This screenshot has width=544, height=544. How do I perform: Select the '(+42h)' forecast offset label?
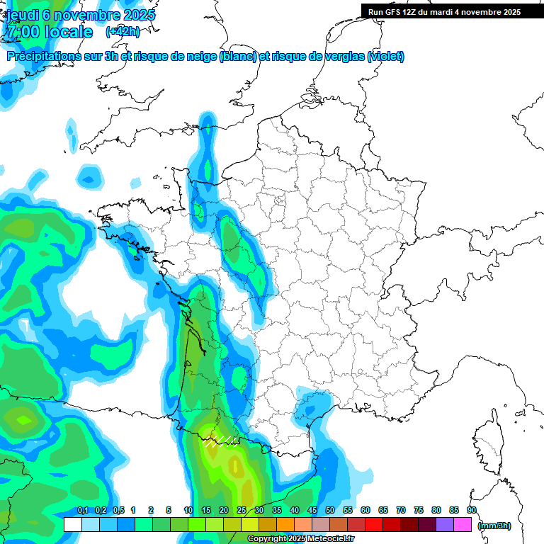pyautogui.click(x=123, y=32)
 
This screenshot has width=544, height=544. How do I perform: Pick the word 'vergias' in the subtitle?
pyautogui.click(x=344, y=57)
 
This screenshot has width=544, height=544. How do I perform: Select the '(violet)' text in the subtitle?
pyautogui.click(x=386, y=57)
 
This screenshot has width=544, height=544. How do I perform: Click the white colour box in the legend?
pyautogui.click(x=72, y=524)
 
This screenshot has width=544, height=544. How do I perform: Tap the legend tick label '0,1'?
pyautogui.click(x=82, y=511)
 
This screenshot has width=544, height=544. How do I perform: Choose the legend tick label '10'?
pyautogui.click(x=188, y=511)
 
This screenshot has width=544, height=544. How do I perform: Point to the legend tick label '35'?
pyautogui.click(x=277, y=511)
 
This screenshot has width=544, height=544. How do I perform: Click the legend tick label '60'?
pyautogui.click(x=365, y=511)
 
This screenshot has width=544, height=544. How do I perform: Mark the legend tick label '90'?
pyautogui.click(x=472, y=511)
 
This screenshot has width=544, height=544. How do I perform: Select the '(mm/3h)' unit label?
pyautogui.click(x=494, y=526)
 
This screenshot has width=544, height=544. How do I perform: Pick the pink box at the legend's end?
pyautogui.click(x=463, y=524)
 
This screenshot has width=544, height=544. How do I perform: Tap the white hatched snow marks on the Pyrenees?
pyautogui.click(x=220, y=442)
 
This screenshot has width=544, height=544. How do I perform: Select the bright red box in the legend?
pyautogui.click(x=374, y=524)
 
